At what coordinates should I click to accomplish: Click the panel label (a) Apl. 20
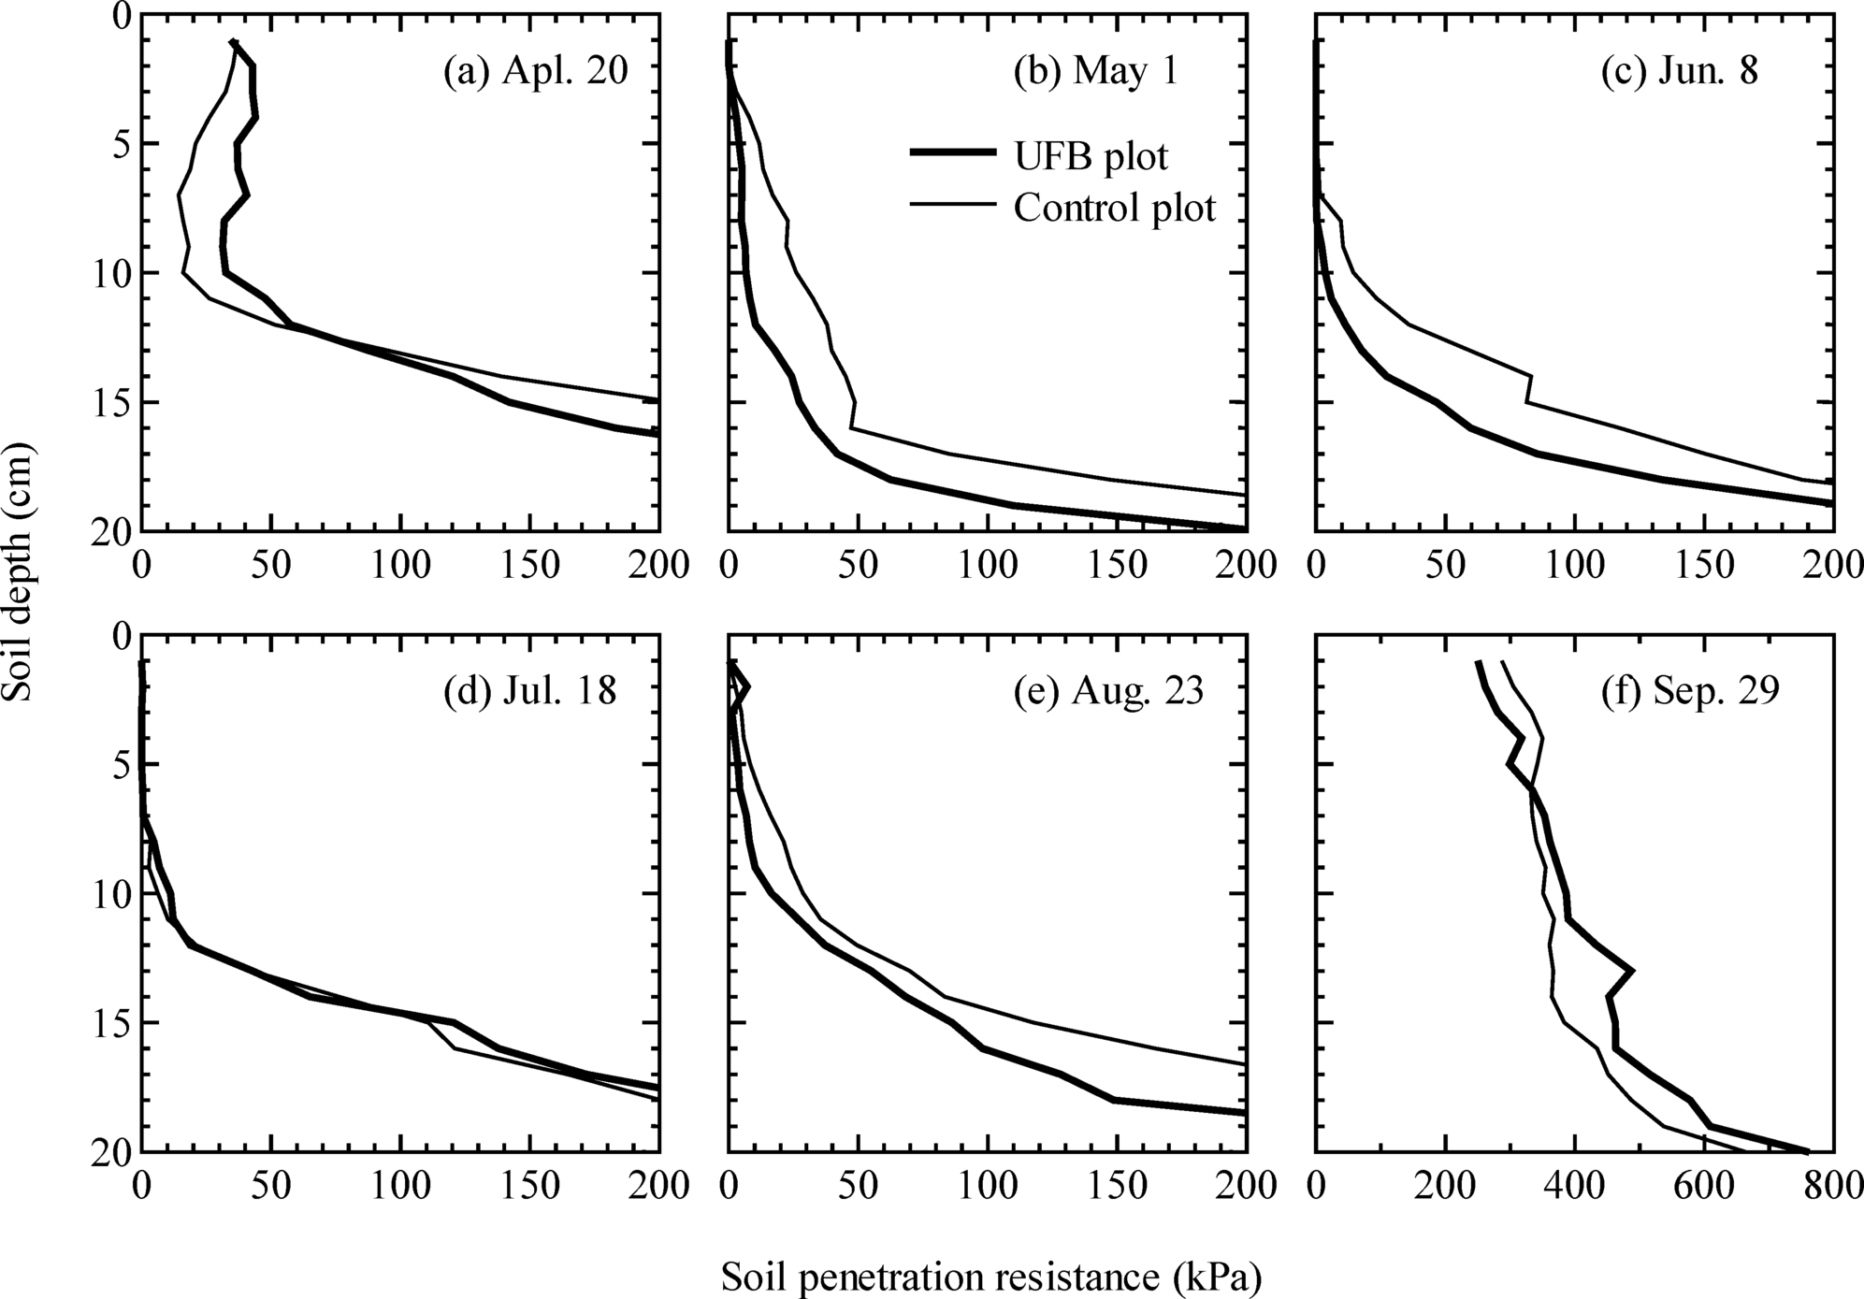(x=535, y=71)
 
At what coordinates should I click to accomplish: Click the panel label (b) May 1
(x=1095, y=71)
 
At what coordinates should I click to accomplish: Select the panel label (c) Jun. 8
(x=1679, y=71)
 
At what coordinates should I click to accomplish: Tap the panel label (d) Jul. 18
(x=529, y=691)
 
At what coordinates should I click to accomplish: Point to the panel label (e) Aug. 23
(x=1108, y=691)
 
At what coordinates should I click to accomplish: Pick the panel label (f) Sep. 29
(x=1689, y=691)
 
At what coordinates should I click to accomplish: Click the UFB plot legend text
(x=1091, y=156)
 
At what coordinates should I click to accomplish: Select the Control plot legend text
(x=1114, y=208)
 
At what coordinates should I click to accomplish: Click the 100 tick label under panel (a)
(x=400, y=566)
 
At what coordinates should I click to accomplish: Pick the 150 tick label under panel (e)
(x=1118, y=1188)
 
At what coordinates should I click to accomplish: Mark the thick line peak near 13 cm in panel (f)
(x=1632, y=971)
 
